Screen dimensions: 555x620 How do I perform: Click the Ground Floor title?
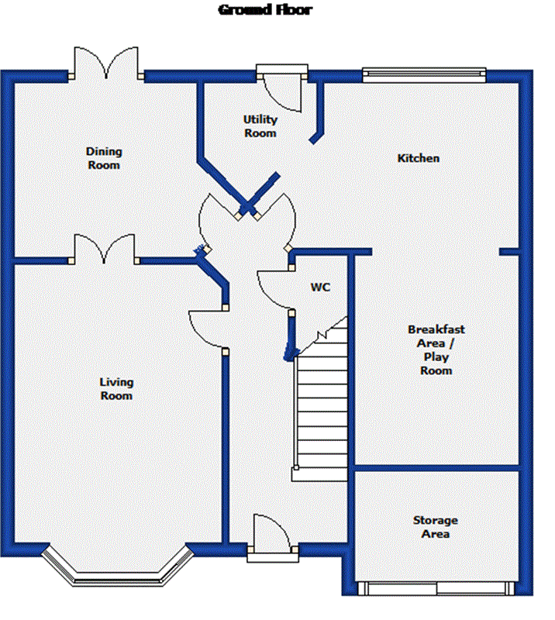click(265, 9)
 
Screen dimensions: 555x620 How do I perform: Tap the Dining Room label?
click(104, 158)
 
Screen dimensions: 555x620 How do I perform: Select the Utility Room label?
click(260, 126)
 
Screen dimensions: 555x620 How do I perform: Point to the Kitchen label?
click(418, 158)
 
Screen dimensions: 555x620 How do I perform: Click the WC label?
click(320, 287)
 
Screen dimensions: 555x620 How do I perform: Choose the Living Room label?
click(116, 389)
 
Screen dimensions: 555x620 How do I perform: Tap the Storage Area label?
click(436, 527)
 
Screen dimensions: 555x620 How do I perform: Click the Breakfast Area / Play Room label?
click(436, 350)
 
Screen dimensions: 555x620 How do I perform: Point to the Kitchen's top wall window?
click(424, 74)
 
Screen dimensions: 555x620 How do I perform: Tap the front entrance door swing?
click(272, 532)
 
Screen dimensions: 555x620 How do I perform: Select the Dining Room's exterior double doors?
click(106, 63)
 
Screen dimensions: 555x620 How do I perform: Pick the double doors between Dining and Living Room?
click(104, 249)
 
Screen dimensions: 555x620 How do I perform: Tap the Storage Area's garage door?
click(436, 588)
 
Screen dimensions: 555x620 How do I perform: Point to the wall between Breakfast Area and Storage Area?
click(436, 468)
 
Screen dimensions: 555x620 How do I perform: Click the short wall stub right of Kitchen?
click(509, 252)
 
